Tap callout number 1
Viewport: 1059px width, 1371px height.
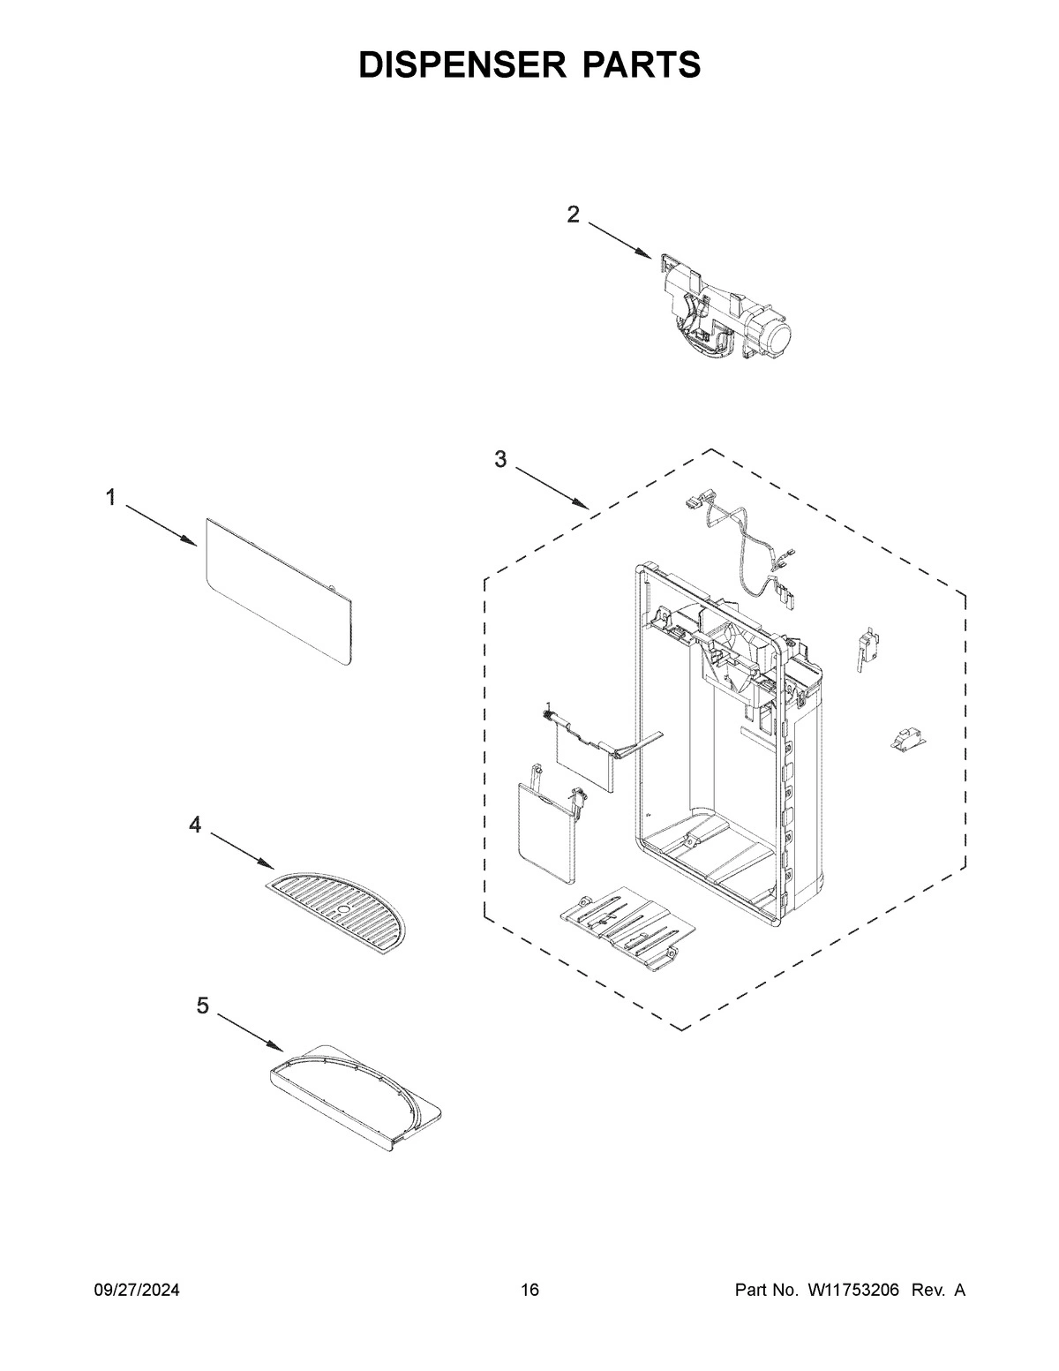(110, 498)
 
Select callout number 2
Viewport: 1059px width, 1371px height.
(574, 214)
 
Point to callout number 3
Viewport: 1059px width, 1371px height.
(500, 459)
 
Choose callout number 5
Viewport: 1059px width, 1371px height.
(203, 1006)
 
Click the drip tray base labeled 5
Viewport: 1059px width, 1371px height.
(353, 1095)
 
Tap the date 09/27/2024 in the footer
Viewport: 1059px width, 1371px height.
(137, 1291)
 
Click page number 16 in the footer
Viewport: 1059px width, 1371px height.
(529, 1291)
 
